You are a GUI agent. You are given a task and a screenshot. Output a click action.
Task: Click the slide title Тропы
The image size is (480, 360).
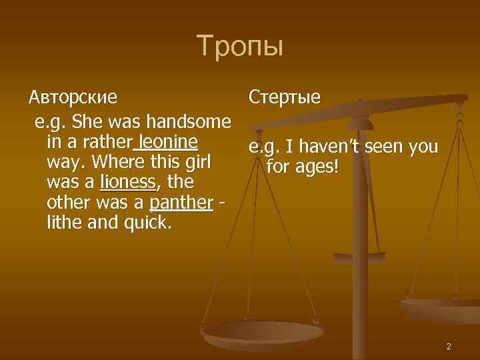pyautogui.click(x=240, y=47)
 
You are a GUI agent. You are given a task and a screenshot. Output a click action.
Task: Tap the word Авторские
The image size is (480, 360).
pyautogui.click(x=73, y=97)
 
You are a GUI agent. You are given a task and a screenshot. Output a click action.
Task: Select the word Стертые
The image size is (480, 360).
pyautogui.click(x=285, y=97)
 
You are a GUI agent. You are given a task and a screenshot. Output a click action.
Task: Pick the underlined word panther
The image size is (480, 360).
pyautogui.click(x=181, y=202)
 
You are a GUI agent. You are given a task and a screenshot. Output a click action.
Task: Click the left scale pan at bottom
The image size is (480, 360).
pyautogui.click(x=263, y=331)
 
